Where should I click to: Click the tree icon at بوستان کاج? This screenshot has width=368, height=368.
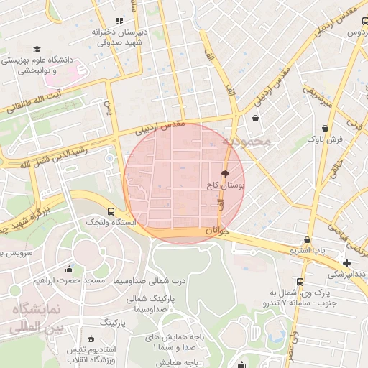click(x=225, y=174)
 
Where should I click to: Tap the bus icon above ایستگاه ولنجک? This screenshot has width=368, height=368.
click(x=111, y=211)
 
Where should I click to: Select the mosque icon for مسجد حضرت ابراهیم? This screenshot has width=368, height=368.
click(x=69, y=270)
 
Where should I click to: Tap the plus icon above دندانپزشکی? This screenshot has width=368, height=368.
click(x=346, y=263)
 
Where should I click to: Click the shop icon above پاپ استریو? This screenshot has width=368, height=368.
click(x=308, y=239)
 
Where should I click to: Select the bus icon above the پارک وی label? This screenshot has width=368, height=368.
click(x=300, y=282)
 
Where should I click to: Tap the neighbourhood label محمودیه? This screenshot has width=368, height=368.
click(x=247, y=141)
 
